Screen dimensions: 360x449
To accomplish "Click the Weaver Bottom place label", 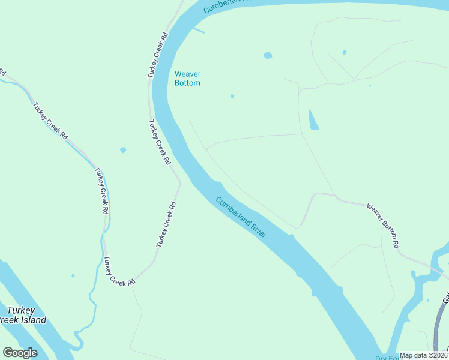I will pyautogui.click(x=187, y=79).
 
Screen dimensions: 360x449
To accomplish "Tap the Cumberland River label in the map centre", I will pyautogui.click(x=241, y=218).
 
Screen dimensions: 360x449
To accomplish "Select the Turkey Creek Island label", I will pyautogui.click(x=23, y=315).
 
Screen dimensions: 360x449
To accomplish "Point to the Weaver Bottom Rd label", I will pyautogui.click(x=382, y=226).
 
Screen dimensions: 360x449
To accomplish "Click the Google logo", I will pyautogui.click(x=20, y=353).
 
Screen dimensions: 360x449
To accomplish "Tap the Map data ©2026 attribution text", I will pyautogui.click(x=423, y=355).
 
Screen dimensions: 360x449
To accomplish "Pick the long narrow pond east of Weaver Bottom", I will pyautogui.click(x=313, y=121).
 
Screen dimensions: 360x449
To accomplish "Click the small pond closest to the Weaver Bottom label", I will pyautogui.click(x=232, y=96).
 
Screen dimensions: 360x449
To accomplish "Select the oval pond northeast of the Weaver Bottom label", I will pyautogui.click(x=267, y=56).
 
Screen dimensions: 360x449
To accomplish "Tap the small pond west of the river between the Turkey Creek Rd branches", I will pyautogui.click(x=123, y=150).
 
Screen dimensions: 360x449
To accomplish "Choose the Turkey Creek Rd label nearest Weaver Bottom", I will pyautogui.click(x=158, y=55).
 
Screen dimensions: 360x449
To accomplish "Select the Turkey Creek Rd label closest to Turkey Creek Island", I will pyautogui.click(x=119, y=271).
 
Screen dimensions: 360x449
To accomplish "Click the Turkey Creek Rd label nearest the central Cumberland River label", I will pyautogui.click(x=166, y=224).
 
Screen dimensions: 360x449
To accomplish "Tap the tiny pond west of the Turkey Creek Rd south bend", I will pyautogui.click(x=73, y=276).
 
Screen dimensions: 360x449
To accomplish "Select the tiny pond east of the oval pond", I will pyautogui.click(x=344, y=52).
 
